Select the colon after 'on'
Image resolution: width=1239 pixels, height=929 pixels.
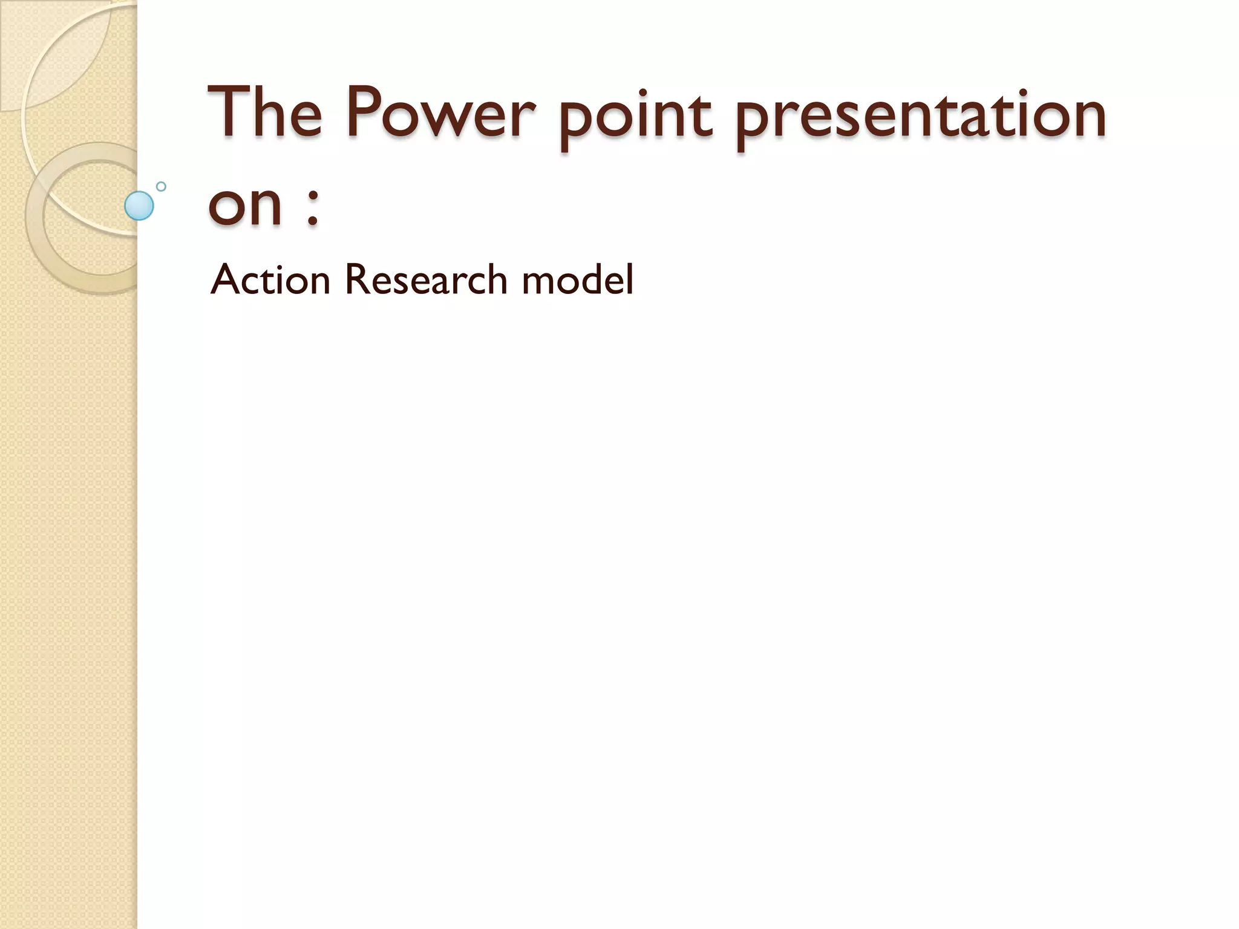click(312, 209)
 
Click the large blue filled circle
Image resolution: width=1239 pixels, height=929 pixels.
click(139, 206)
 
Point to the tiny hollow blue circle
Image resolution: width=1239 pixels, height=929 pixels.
click(161, 186)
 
